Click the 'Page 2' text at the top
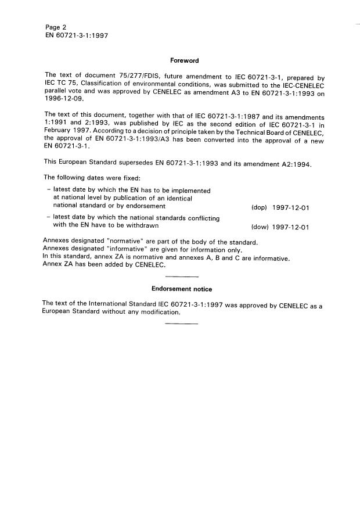click(55, 27)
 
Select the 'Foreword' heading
click(184, 60)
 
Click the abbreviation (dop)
click(258, 207)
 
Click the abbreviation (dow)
click(258, 227)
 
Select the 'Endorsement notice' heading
click(182, 289)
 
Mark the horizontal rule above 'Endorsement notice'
click(182, 276)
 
